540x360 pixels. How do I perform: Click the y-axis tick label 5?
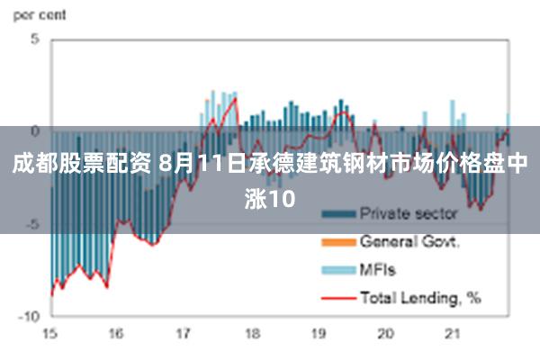click(x=35, y=39)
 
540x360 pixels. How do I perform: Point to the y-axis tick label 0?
click(x=35, y=131)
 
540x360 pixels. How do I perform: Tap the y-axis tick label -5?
click(x=32, y=224)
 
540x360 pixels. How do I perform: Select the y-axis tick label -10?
click(x=30, y=317)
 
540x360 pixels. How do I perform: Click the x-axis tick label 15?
click(x=49, y=333)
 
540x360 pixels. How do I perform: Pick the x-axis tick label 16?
click(x=116, y=333)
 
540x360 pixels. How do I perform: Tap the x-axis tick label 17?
click(x=184, y=333)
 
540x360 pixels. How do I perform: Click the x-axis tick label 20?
click(x=386, y=333)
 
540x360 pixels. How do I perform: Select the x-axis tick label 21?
click(x=453, y=333)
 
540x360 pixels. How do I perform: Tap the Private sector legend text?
click(x=409, y=214)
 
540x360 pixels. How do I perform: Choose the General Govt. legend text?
click(x=410, y=242)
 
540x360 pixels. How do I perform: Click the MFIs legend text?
click(x=378, y=269)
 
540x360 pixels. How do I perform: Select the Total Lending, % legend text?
click(x=420, y=296)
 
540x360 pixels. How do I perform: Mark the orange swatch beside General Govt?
click(x=337, y=242)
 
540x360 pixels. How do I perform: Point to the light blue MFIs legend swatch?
click(x=337, y=269)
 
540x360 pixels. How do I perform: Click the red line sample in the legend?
click(x=337, y=296)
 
